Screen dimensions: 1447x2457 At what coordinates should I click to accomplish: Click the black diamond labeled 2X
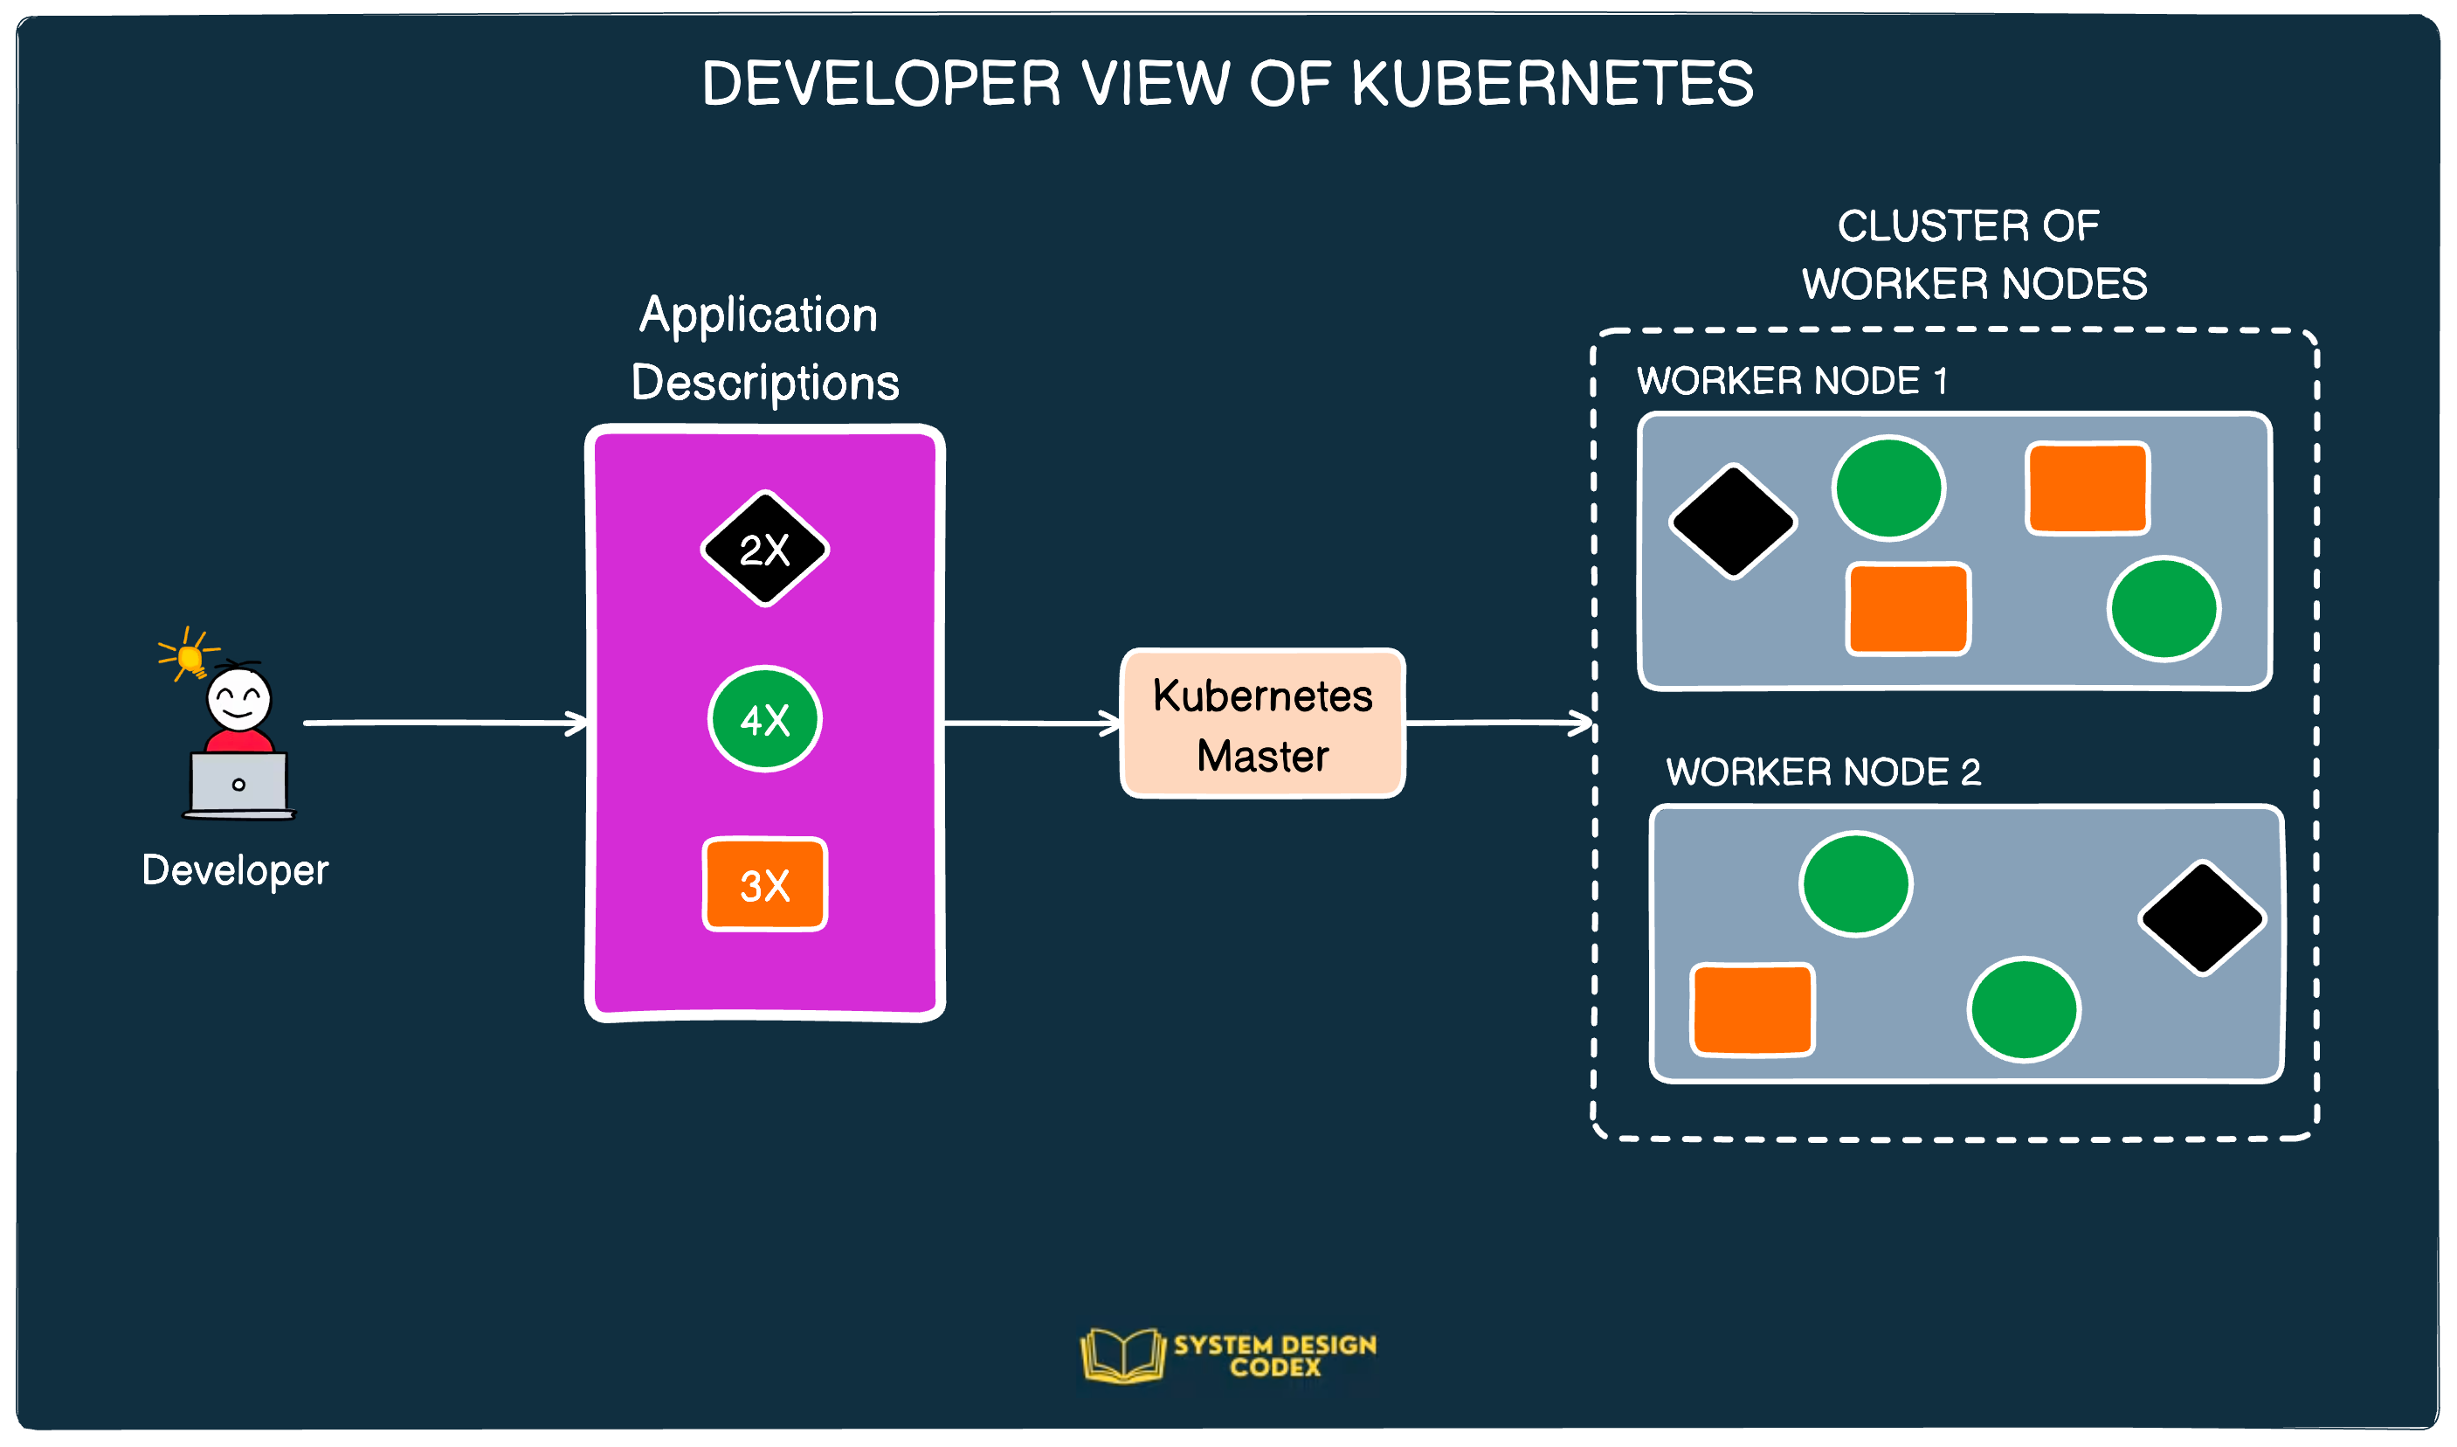click(x=764, y=549)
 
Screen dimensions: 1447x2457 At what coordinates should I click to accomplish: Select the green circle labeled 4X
click(x=764, y=720)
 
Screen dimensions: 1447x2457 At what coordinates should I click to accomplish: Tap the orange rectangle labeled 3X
click(x=764, y=884)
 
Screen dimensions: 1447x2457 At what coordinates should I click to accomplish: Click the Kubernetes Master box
click(x=1263, y=723)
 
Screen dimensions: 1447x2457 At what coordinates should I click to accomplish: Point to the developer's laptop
click(x=238, y=784)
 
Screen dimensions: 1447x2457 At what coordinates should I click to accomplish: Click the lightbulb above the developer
click(x=190, y=659)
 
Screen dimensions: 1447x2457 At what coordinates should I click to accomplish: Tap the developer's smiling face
click(x=238, y=698)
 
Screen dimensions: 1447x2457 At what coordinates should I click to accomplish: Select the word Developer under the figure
click(x=235, y=869)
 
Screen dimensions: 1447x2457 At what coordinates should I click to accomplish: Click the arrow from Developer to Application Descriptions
click(x=444, y=723)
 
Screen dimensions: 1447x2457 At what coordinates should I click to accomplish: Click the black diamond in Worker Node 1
click(x=1733, y=522)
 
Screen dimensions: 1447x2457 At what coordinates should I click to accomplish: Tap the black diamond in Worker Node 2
click(x=2202, y=917)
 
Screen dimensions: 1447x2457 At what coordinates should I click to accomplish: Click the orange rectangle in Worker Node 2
click(x=1752, y=1009)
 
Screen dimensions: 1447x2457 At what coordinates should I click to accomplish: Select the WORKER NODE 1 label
click(x=1792, y=380)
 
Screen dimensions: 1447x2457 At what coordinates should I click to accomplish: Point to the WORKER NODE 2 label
click(x=1822, y=772)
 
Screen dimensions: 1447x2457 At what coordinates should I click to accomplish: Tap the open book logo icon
click(x=1122, y=1354)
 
